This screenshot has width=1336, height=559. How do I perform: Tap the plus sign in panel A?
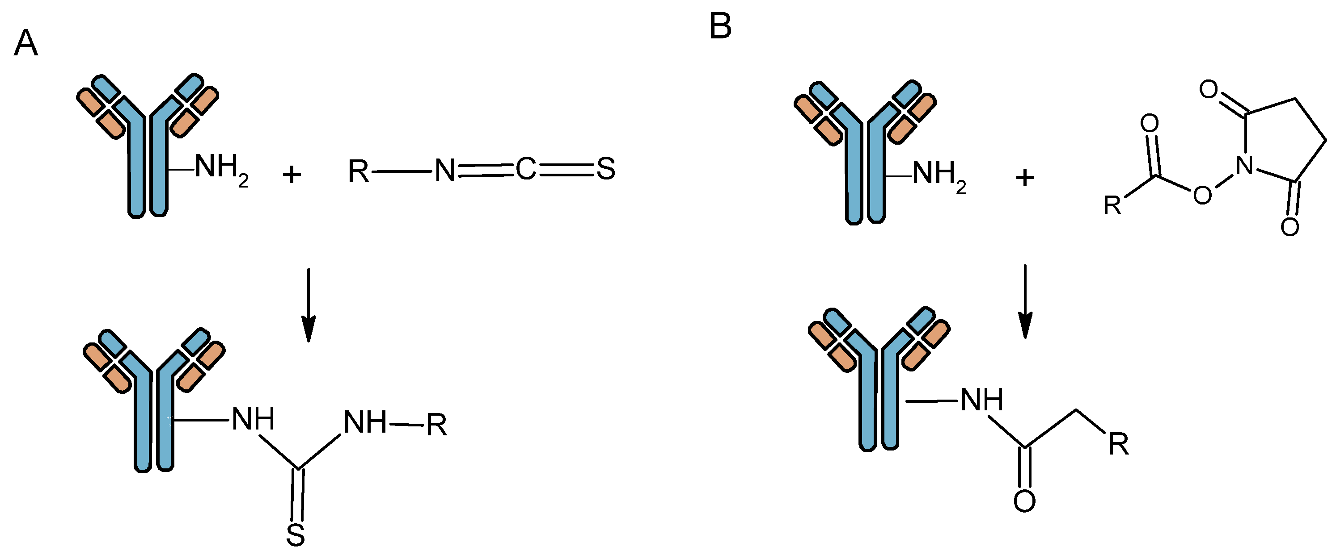click(292, 174)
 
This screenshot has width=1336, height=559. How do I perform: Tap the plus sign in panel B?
click(1024, 178)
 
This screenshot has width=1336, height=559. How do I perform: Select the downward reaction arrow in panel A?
click(309, 306)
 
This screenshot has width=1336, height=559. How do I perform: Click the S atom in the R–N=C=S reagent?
click(606, 169)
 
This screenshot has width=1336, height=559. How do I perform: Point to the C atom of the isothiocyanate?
click(525, 169)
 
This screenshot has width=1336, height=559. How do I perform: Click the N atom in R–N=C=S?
click(444, 170)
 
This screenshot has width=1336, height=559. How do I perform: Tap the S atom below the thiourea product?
click(296, 535)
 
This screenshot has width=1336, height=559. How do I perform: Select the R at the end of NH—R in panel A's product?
click(436, 426)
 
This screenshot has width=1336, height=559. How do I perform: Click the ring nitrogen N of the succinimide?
click(1245, 165)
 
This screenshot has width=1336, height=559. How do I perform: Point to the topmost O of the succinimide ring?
click(1209, 89)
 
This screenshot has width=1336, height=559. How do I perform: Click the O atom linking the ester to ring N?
click(1202, 195)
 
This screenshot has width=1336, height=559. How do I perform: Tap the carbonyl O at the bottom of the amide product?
click(1024, 501)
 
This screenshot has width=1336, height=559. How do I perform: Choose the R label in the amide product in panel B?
click(1118, 444)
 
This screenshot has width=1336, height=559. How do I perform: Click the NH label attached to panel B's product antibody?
click(981, 400)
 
